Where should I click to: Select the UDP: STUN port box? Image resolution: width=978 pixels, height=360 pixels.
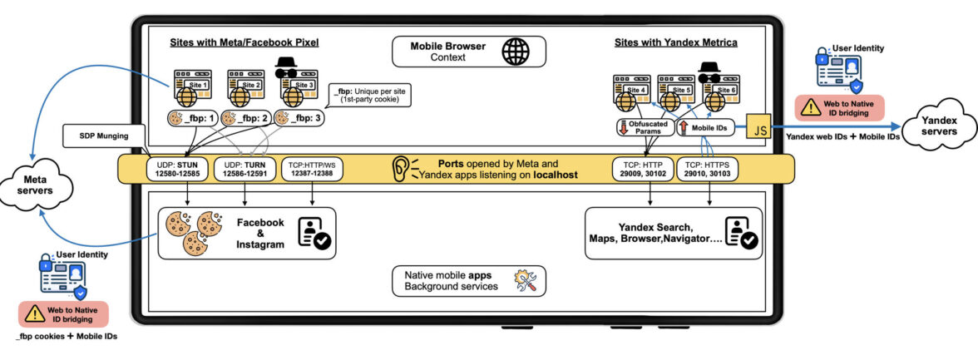[176, 169]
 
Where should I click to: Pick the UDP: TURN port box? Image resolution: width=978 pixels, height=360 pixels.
[244, 169]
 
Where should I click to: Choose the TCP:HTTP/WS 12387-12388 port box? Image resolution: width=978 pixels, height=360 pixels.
[312, 169]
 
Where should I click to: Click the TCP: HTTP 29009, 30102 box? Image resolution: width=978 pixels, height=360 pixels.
[641, 169]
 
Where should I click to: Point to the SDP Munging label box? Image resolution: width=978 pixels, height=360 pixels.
[104, 135]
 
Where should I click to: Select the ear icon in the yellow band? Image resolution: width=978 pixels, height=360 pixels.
[401, 169]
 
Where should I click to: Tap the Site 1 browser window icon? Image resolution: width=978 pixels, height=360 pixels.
[190, 87]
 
